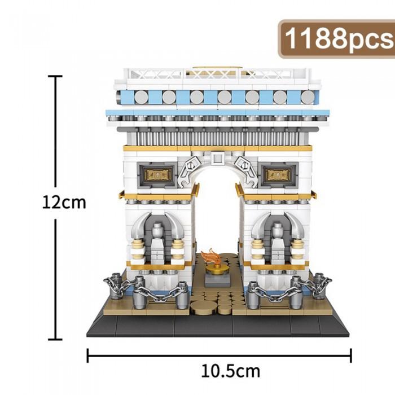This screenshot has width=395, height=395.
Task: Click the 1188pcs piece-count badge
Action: click(336, 39)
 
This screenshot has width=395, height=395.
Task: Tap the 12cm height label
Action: click(64, 203)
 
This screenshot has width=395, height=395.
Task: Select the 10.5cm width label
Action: click(230, 371)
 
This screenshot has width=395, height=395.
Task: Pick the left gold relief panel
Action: click(157, 175)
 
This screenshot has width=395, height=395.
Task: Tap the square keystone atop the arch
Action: click(217, 158)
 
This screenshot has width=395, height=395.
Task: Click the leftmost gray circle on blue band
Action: click(141, 97)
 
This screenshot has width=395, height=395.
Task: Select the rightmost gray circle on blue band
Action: click(308, 97)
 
